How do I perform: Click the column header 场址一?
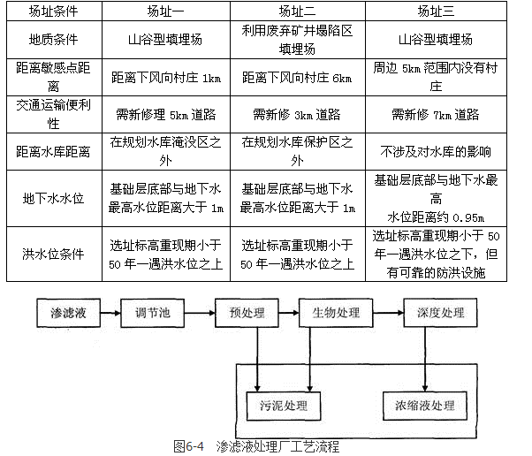coord(164,11)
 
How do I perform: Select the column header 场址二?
coord(297,11)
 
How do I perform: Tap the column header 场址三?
coord(435,11)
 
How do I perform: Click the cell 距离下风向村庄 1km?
coord(164,79)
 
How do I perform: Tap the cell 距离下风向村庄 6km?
coord(297,79)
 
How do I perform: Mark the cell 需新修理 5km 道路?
coord(164,115)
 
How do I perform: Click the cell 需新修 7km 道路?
coord(435,115)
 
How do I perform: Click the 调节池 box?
coord(155,313)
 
